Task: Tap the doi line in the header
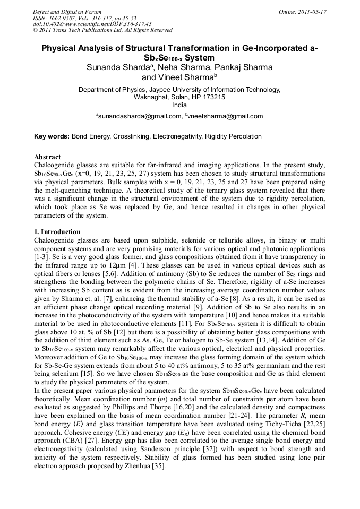click(92, 24)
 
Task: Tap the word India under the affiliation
click(180, 105)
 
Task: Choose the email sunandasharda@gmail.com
click(140, 116)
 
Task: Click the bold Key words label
click(52, 136)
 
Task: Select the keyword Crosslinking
click(131, 136)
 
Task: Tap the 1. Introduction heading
click(57, 232)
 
